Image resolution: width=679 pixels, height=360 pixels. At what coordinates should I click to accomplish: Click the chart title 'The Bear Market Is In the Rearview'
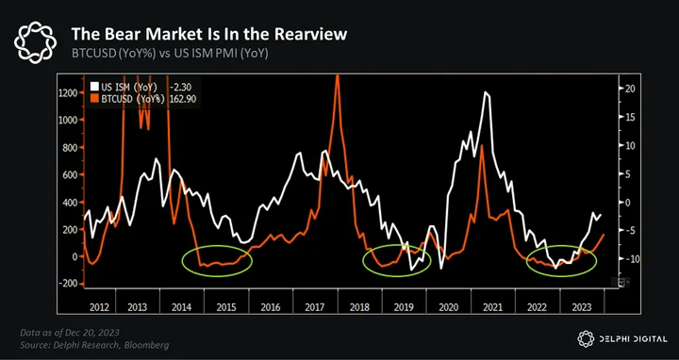[209, 34]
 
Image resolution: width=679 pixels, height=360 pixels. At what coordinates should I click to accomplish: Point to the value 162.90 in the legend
[184, 99]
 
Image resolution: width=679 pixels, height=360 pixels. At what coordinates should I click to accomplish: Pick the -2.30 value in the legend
[182, 88]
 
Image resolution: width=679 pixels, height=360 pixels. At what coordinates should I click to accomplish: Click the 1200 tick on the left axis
[70, 93]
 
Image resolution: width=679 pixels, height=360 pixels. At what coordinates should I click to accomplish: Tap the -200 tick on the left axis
[70, 283]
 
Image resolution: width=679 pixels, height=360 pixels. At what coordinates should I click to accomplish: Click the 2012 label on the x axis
[100, 307]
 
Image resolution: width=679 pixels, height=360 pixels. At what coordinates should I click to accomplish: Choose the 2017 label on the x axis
[315, 307]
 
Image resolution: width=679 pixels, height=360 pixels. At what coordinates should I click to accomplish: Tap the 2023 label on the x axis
[581, 307]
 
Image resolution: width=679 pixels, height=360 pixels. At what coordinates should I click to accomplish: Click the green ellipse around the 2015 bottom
[217, 247]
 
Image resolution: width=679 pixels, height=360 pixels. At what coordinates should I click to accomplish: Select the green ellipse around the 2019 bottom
[397, 245]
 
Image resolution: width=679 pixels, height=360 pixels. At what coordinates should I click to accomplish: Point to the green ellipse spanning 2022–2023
[562, 246]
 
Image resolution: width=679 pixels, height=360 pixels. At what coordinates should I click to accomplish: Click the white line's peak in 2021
[486, 91]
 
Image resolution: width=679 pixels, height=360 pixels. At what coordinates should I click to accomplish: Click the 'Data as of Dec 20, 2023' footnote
[70, 333]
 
